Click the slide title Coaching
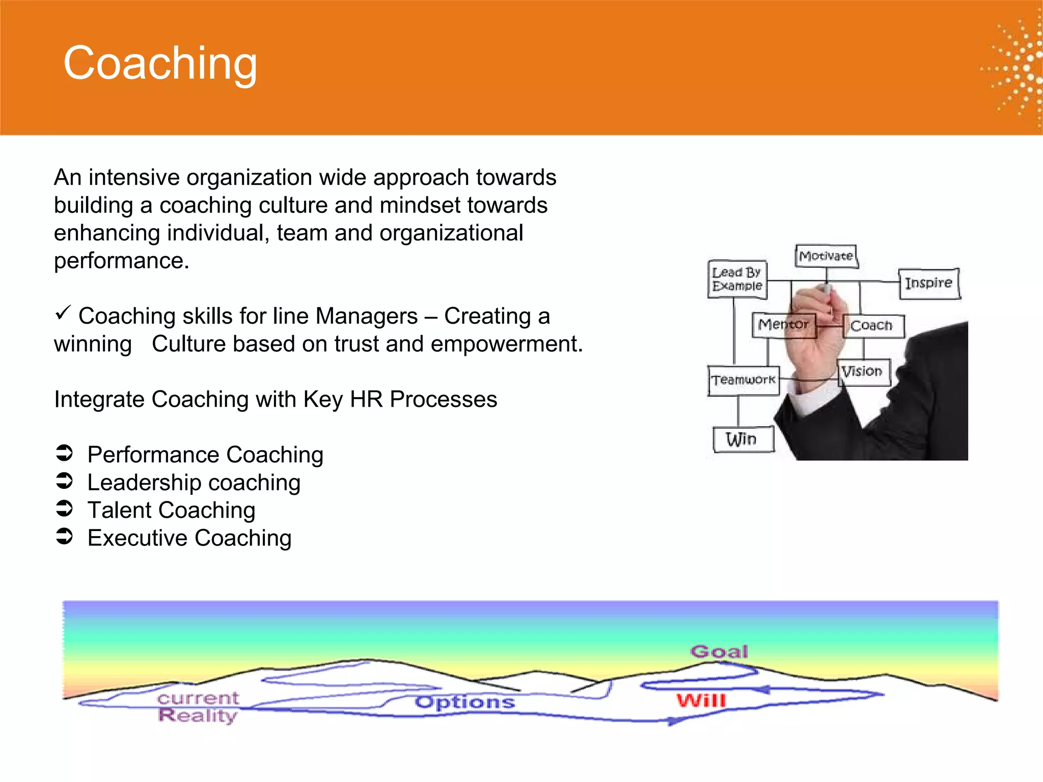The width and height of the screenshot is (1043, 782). point(160,63)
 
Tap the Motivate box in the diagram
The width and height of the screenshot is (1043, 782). point(826,256)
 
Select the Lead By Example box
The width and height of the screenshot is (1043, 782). point(737,280)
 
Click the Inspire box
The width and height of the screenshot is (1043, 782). point(928,283)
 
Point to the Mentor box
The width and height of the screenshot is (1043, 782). point(783,325)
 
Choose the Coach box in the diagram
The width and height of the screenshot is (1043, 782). point(872,326)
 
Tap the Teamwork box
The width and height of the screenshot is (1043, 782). point(744,380)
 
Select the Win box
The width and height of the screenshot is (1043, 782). point(742,439)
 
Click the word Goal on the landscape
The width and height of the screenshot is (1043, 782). point(719,652)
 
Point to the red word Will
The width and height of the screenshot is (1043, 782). point(701,701)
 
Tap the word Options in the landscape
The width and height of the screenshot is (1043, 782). point(464,703)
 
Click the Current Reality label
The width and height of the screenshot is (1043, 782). point(198,707)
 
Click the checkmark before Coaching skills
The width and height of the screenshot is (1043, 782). point(63,313)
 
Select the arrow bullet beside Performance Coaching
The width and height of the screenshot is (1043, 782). point(65,453)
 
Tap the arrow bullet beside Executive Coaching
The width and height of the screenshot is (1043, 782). point(65,537)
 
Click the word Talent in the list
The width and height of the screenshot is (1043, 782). point(120,511)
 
